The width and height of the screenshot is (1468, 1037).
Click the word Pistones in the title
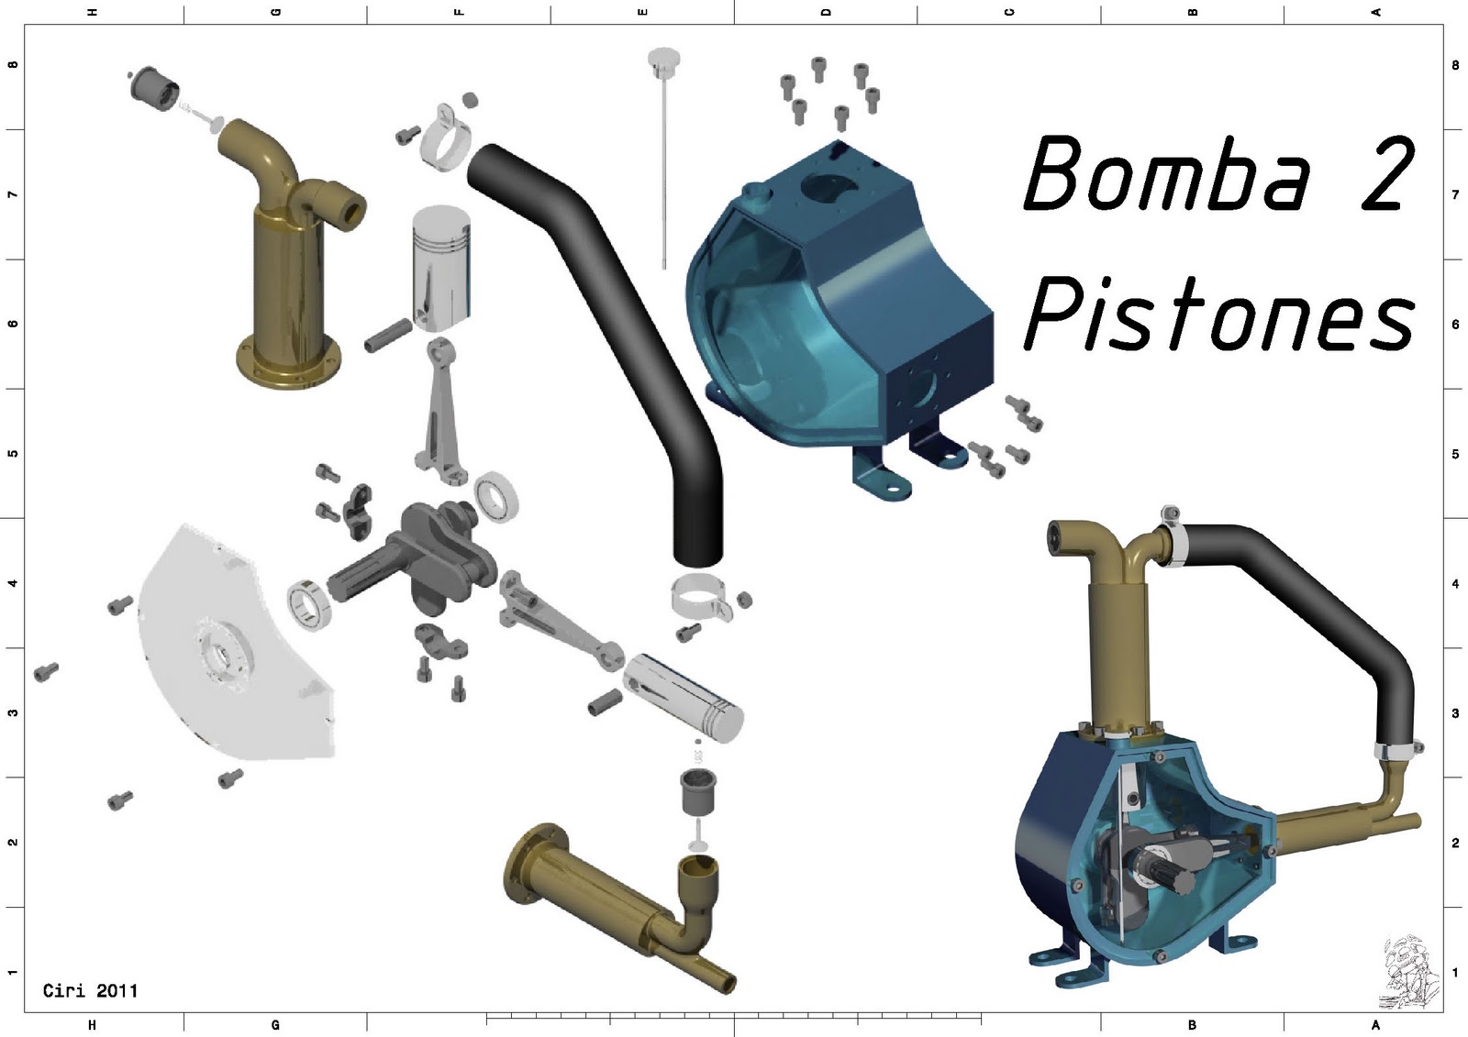[x=1220, y=314]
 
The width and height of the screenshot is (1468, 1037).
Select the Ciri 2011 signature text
[x=91, y=990]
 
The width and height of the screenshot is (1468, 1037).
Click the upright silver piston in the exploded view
[x=441, y=270]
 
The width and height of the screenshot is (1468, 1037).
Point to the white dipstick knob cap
[x=664, y=58]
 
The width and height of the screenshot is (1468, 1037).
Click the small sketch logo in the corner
[x=1409, y=972]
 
